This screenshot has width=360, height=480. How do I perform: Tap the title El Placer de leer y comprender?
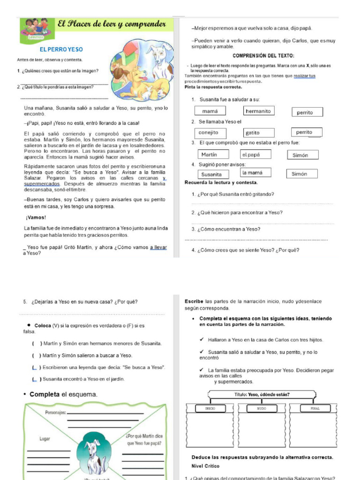pos(112,24)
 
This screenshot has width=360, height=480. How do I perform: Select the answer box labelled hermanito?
pos(259,111)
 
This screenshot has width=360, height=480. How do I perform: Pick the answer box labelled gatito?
pos(259,133)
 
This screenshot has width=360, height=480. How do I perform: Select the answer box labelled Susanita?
pos(211,174)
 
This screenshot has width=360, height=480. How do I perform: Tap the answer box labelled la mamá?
pos(256,173)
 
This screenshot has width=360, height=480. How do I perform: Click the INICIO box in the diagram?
pos(210,408)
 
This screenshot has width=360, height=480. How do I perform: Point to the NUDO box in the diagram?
pos(261,408)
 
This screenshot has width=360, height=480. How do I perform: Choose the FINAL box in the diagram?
pos(315,408)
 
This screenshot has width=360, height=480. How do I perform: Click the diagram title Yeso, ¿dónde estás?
pos(262,395)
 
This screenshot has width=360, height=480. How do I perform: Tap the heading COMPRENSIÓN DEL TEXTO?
pos(263,56)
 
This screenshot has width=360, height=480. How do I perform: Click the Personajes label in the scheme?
pos(55,412)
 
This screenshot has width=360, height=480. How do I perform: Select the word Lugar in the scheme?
pos(45,439)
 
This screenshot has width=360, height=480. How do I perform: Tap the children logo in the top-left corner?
pos(36,27)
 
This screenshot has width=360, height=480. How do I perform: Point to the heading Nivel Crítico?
pos(205,466)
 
